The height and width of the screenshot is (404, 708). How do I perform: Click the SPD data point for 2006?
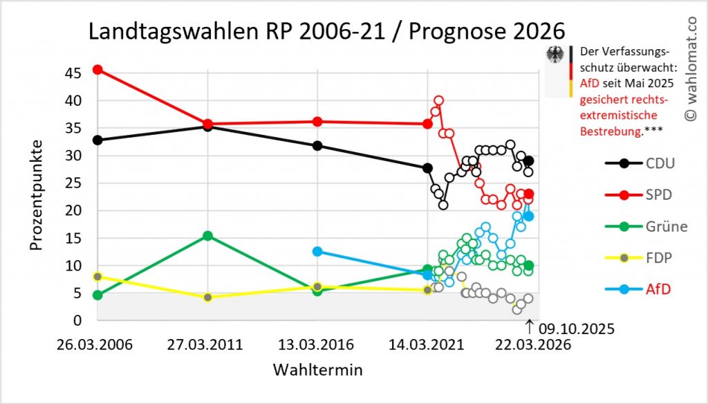pos(97,70)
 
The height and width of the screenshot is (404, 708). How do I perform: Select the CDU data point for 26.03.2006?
pos(97,140)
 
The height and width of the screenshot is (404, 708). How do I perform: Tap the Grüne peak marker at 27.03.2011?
pos(207,236)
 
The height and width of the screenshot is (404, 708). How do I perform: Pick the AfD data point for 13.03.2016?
pos(317,251)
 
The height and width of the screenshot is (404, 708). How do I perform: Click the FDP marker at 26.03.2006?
pos(97,276)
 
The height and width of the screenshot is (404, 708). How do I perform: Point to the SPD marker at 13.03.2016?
pos(317,122)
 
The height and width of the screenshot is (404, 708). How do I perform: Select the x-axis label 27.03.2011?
pos(207,345)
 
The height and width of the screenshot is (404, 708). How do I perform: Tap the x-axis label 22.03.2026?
pos(528,345)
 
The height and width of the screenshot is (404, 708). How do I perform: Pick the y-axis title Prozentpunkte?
pos(38,195)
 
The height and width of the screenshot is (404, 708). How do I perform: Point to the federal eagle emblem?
pos(555,56)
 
